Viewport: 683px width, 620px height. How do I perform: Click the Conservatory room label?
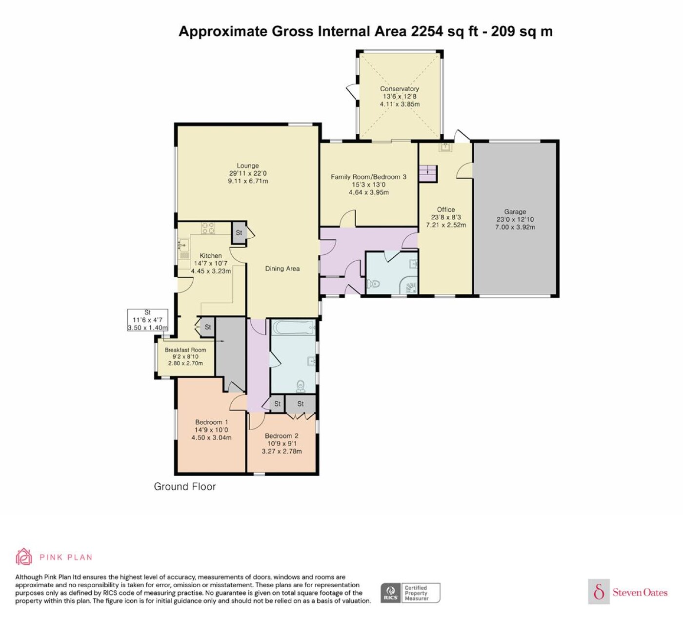[400, 89]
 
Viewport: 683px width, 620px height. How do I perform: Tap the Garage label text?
[515, 212]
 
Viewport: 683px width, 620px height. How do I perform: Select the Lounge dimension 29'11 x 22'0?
[247, 173]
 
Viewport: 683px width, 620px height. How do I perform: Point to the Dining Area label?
[282, 269]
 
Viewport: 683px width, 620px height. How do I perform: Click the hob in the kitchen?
[208, 228]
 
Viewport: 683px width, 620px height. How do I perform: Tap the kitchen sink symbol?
[183, 245]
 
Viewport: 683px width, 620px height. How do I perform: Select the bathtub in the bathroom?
[293, 328]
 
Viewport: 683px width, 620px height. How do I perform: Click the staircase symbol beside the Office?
[428, 174]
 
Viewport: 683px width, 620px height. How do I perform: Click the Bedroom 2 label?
[281, 435]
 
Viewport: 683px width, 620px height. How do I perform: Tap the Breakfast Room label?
[185, 350]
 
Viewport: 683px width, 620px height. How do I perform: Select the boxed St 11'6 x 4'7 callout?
[147, 320]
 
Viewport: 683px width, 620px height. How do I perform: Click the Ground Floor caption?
[184, 486]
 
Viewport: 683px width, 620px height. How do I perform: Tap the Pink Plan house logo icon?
[24, 557]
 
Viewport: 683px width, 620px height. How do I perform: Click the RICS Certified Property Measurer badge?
[410, 593]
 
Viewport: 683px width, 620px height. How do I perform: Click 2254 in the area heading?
[427, 31]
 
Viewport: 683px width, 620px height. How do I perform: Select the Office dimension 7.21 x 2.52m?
[446, 225]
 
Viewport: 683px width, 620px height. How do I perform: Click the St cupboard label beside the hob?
[239, 233]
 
